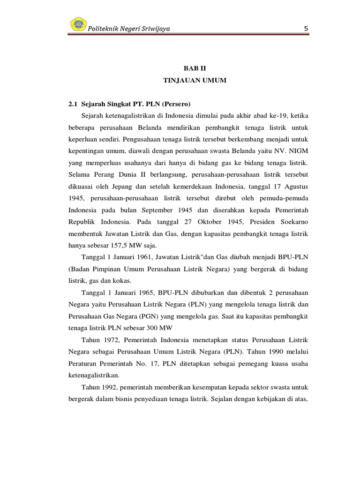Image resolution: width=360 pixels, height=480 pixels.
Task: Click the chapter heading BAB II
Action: pos(195,68)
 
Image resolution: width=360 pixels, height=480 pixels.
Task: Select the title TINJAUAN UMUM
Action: pos(195,81)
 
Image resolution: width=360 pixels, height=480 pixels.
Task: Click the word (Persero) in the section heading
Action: pos(176,103)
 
